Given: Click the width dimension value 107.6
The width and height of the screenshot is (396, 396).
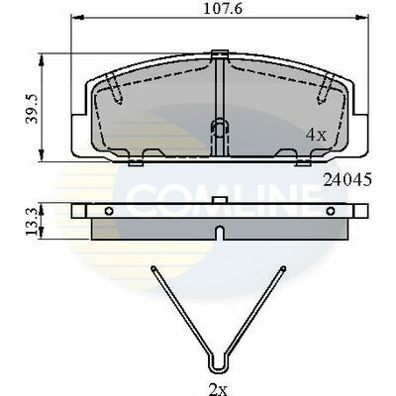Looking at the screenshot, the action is [223, 9].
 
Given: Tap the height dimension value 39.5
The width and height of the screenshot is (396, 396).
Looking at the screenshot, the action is [33, 109].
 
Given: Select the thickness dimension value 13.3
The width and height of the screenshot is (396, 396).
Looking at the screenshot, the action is [32, 221].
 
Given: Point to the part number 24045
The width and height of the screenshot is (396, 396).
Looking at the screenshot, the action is [347, 180].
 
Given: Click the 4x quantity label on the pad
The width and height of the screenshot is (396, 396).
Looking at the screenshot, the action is [316, 135].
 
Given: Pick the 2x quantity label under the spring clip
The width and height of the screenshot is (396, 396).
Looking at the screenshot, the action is [218, 390].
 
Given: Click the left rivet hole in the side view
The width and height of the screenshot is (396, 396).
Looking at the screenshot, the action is [109, 211].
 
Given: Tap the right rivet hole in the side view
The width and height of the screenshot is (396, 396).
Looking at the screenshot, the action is [331, 211].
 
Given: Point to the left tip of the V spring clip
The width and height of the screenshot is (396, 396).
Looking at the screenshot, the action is [152, 268].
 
